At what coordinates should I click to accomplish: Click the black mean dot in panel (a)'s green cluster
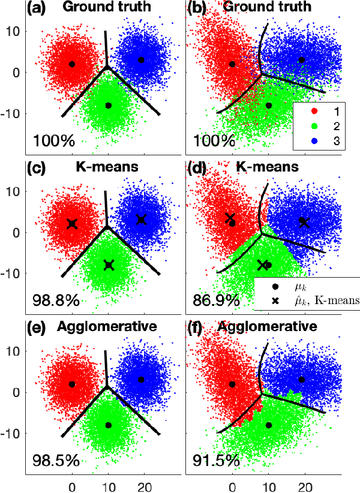tap(109, 105)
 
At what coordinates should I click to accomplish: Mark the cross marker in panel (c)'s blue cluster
tap(141, 220)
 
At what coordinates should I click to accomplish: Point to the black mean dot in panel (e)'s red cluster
tap(72, 384)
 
